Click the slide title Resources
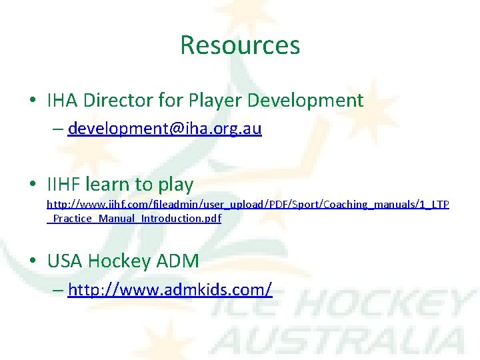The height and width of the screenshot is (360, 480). click(x=240, y=45)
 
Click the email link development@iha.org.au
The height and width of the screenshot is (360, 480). click(x=165, y=128)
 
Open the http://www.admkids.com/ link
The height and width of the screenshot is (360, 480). click(x=170, y=289)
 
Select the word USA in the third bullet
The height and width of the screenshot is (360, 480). click(x=65, y=261)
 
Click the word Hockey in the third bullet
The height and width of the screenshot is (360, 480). click(x=120, y=261)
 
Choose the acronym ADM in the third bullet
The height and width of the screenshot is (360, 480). click(x=178, y=261)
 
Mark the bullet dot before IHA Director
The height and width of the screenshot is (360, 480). click(x=32, y=101)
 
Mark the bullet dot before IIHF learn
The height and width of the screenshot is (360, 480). click(x=32, y=185)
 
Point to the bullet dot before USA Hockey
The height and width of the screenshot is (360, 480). click(x=32, y=261)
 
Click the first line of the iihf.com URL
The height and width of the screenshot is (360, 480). click(x=247, y=204)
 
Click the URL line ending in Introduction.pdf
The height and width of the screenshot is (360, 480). click(x=134, y=218)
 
